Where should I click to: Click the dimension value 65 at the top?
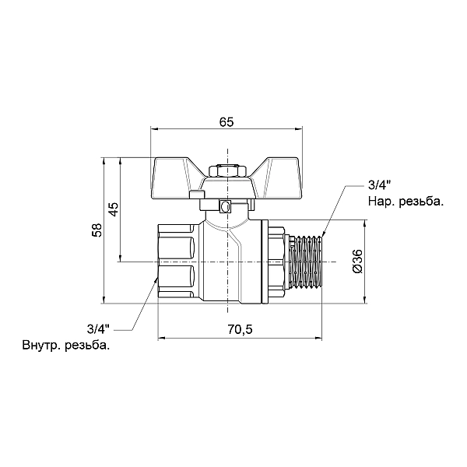(x=226, y=122)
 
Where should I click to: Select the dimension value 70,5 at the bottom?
(x=240, y=329)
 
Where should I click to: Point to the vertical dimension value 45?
(x=113, y=209)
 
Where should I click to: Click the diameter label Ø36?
(x=357, y=260)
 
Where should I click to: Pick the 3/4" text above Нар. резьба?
(x=378, y=186)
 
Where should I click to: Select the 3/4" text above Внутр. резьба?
(x=99, y=328)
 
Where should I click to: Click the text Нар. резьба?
(x=406, y=201)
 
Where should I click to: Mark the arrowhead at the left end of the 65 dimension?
(x=154, y=129)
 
